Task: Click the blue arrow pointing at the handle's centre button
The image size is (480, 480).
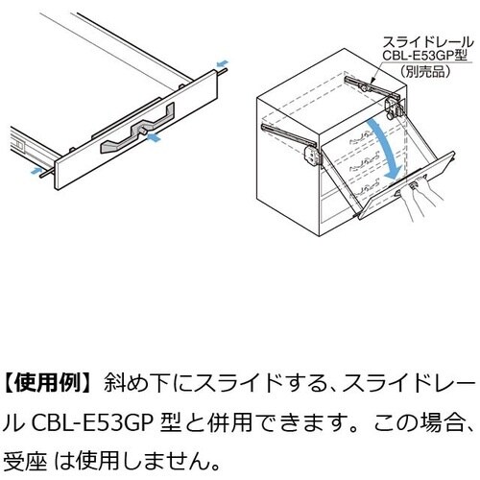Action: [153, 137]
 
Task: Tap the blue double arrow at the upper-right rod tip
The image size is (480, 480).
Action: [223, 63]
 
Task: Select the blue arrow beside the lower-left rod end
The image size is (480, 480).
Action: [36, 171]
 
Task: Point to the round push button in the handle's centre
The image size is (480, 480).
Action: [143, 131]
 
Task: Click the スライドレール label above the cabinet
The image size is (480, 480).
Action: [427, 42]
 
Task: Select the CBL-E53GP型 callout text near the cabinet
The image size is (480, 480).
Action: [425, 57]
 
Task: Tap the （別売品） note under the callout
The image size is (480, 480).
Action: [424, 71]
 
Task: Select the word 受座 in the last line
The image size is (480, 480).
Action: [25, 460]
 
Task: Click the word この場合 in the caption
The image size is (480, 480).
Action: [419, 422]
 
